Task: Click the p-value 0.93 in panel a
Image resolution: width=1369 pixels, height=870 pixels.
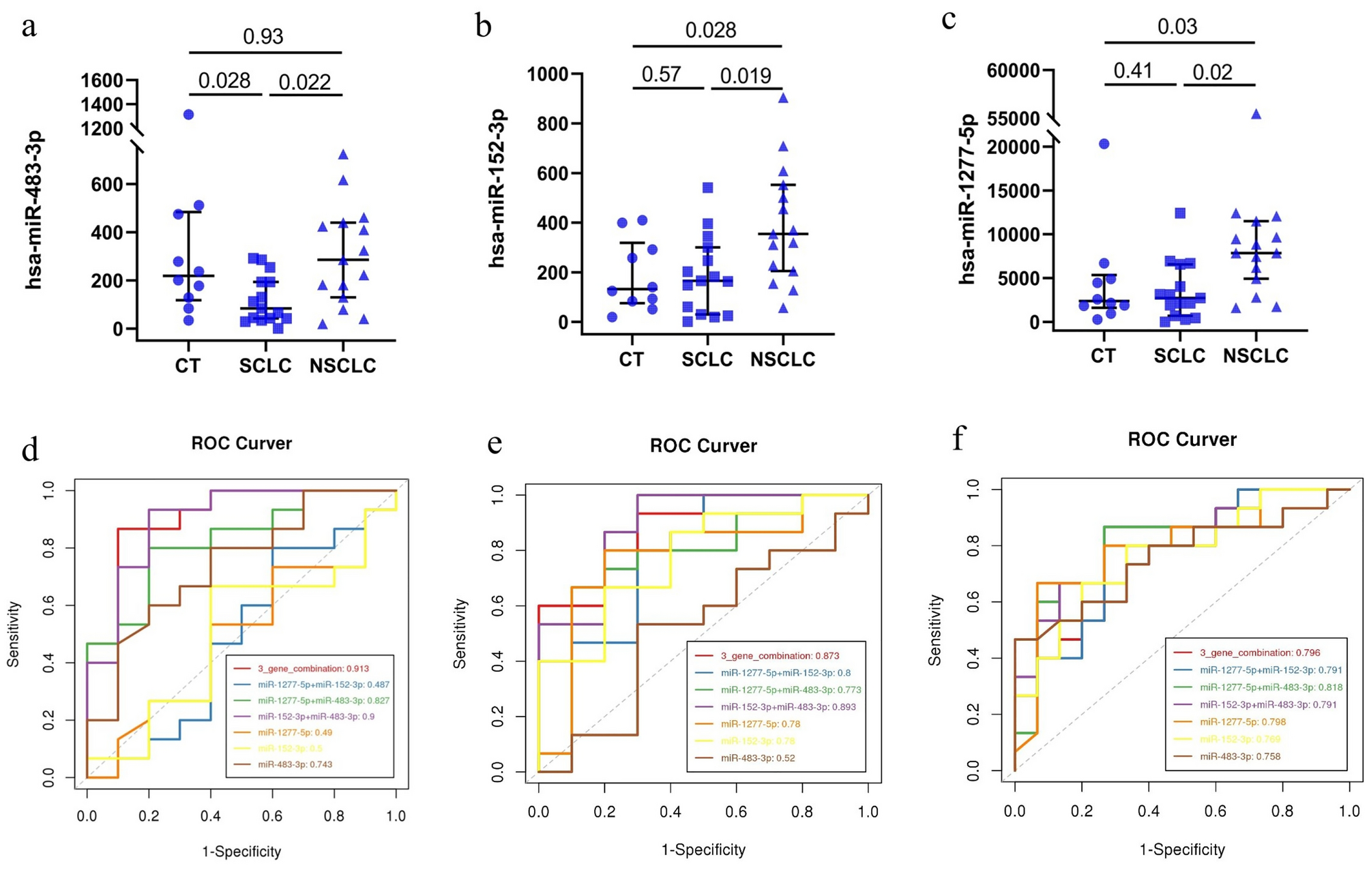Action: click(263, 36)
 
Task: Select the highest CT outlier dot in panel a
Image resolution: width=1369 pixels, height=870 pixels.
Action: click(188, 115)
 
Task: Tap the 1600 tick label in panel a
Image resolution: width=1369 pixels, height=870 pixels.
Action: click(102, 80)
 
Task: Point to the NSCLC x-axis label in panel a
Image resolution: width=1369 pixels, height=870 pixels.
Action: click(342, 366)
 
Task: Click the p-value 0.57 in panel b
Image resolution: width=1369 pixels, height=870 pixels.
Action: click(661, 74)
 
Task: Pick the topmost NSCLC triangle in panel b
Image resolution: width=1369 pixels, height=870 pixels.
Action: click(783, 98)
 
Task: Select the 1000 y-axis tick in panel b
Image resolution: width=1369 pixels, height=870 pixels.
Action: click(548, 74)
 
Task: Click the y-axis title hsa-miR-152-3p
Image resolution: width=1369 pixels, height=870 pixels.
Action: click(497, 187)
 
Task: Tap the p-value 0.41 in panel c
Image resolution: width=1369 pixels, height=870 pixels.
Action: click(1132, 70)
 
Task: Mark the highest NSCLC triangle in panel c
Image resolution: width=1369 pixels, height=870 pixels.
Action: click(1256, 114)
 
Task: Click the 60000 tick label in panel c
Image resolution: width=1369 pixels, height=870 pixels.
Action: click(1014, 70)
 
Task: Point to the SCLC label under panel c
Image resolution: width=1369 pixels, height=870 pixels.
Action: click(1179, 356)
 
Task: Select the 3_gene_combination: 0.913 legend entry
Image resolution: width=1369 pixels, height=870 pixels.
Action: click(313, 668)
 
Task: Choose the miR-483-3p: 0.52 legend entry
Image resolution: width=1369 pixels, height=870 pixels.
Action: click(757, 757)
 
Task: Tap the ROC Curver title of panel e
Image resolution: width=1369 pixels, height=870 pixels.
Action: click(703, 446)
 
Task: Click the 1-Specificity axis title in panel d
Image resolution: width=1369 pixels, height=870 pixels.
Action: click(241, 852)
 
